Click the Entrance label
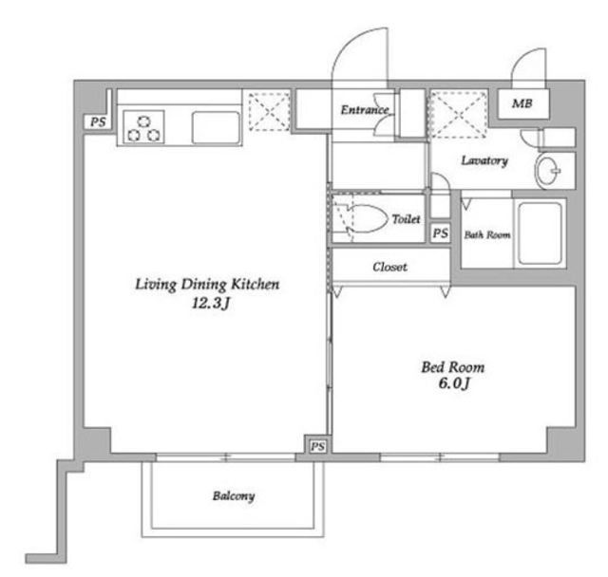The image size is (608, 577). click(x=365, y=110)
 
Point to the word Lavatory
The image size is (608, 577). click(x=484, y=160)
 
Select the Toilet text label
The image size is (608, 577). click(x=406, y=219)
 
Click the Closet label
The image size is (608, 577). click(x=389, y=267)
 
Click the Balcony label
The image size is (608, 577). click(x=233, y=495)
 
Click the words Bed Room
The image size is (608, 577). click(x=452, y=366)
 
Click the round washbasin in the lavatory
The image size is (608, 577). click(x=548, y=173)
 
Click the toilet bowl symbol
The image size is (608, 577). click(x=365, y=218)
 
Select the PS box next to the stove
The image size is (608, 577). click(x=97, y=121)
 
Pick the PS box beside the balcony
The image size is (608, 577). click(x=317, y=445)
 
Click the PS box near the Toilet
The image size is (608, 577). click(x=439, y=233)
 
